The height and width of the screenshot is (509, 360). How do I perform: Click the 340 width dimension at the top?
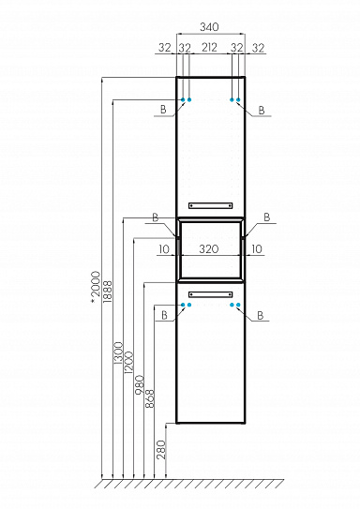(209, 27)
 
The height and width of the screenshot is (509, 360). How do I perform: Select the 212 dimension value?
(209, 48)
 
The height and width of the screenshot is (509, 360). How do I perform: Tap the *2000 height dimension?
(96, 287)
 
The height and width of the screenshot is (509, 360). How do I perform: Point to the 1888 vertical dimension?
(107, 292)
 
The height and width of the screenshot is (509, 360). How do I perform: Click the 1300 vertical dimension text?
(119, 353)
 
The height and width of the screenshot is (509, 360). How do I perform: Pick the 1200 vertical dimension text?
(128, 362)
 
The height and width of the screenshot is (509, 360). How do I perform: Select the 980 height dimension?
(140, 384)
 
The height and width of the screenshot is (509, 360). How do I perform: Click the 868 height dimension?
(150, 398)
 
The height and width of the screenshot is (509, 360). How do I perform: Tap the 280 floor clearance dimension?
(161, 450)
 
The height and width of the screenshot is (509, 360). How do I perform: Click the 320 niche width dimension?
(209, 249)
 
